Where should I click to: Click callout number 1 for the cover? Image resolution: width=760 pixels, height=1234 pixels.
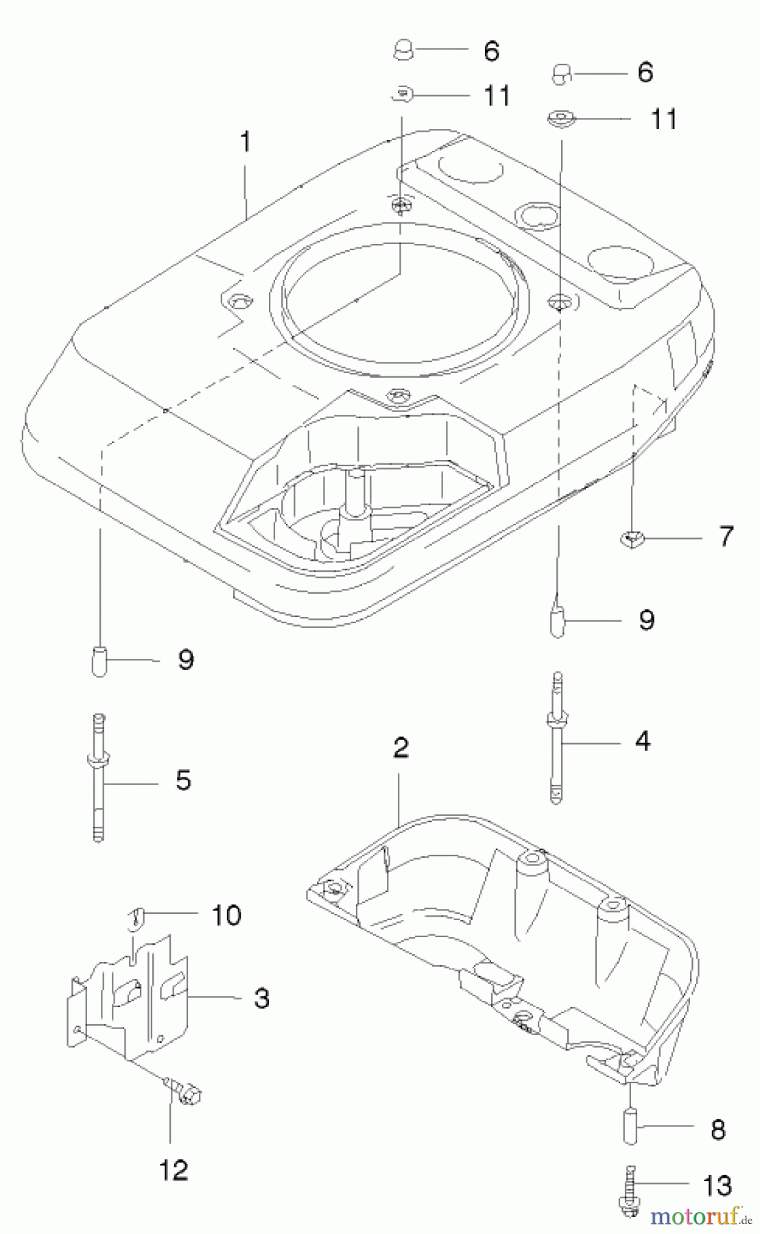point(245,143)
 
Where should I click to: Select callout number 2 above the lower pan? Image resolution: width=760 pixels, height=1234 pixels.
point(401,747)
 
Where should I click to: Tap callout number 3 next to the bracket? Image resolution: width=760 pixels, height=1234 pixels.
point(261,998)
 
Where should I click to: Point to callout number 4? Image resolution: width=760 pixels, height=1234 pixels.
point(642,741)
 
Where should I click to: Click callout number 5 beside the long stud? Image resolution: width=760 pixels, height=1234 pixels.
point(183,780)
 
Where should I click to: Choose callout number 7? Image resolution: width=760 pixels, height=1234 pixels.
point(726,536)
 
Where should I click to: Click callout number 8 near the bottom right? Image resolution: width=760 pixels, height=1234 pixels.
point(718,1129)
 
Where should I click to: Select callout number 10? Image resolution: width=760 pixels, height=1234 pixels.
point(226,915)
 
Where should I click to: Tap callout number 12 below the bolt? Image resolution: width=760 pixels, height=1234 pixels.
point(174,1170)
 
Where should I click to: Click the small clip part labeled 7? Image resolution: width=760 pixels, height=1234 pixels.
point(632,540)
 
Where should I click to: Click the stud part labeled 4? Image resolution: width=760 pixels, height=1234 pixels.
point(557,737)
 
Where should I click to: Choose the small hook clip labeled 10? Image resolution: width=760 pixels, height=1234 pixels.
point(136,917)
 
